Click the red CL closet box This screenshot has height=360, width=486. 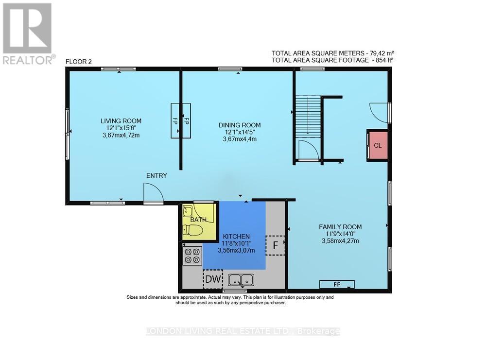[378, 145]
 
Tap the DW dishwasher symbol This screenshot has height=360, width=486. [212, 279]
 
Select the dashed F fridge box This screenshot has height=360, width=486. [276, 245]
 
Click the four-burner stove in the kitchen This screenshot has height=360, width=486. [192, 255]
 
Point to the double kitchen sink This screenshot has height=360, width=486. [241, 280]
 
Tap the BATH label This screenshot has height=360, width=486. [198, 220]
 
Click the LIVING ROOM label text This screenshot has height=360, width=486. [121, 121]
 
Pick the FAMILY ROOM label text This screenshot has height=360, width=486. [340, 227]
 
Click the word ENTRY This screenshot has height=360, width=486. [157, 175]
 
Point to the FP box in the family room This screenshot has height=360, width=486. [337, 284]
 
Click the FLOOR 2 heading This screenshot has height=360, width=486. [79, 61]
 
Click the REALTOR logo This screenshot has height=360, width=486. [29, 34]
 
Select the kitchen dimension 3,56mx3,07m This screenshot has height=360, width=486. [234, 251]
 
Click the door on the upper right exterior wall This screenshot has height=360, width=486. [380, 112]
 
